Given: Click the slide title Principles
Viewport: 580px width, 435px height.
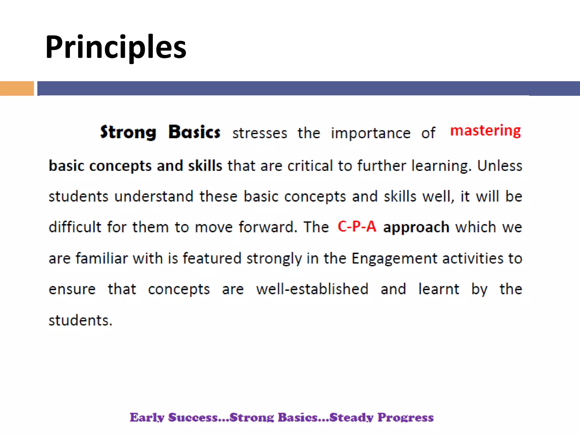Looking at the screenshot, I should point(116,47).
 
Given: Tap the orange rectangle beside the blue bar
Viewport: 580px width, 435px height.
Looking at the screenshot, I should point(17,88).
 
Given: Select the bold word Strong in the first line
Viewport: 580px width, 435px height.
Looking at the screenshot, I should point(128,133).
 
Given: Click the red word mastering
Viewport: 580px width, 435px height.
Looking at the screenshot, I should point(485,131).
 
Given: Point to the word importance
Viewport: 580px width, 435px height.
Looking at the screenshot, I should point(371,133).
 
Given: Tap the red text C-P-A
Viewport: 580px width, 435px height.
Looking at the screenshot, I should point(357,227).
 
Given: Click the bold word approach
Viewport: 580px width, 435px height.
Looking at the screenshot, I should point(416,227).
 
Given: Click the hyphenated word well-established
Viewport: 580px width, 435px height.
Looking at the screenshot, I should point(312,289).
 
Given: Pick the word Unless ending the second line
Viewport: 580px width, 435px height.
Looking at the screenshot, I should point(500,166).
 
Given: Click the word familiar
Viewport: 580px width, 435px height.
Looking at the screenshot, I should point(101,258).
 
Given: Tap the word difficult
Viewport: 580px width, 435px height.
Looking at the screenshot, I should point(75,227).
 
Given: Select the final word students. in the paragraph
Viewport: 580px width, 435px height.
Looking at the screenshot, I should point(80,321).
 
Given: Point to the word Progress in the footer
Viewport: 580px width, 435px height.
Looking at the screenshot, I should point(405,417).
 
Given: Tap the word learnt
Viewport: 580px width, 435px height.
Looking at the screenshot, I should point(439,289).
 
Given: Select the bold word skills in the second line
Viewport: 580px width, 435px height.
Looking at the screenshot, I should point(205,166).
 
